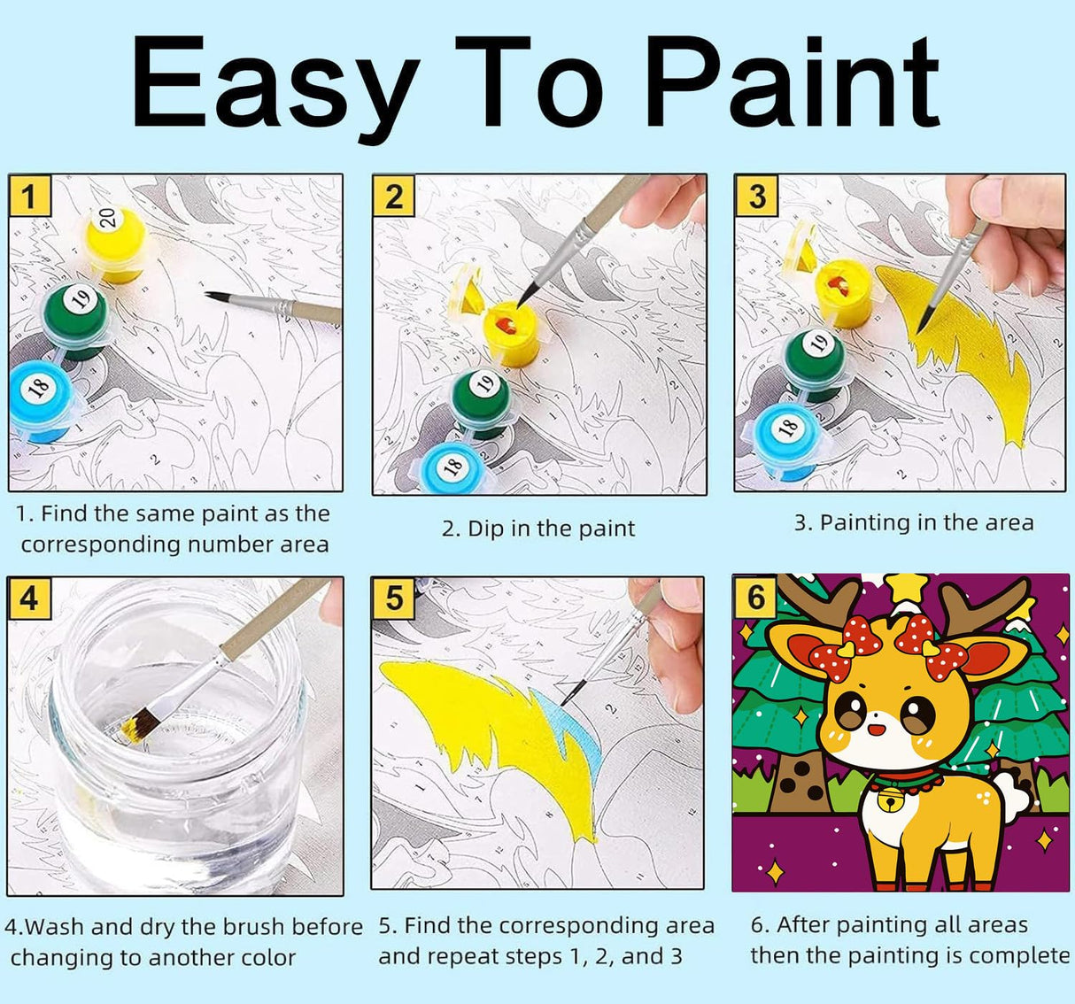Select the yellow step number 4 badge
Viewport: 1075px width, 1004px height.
coord(29,599)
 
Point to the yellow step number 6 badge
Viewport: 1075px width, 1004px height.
coord(755,597)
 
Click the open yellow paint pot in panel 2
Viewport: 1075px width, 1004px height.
coord(512,332)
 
